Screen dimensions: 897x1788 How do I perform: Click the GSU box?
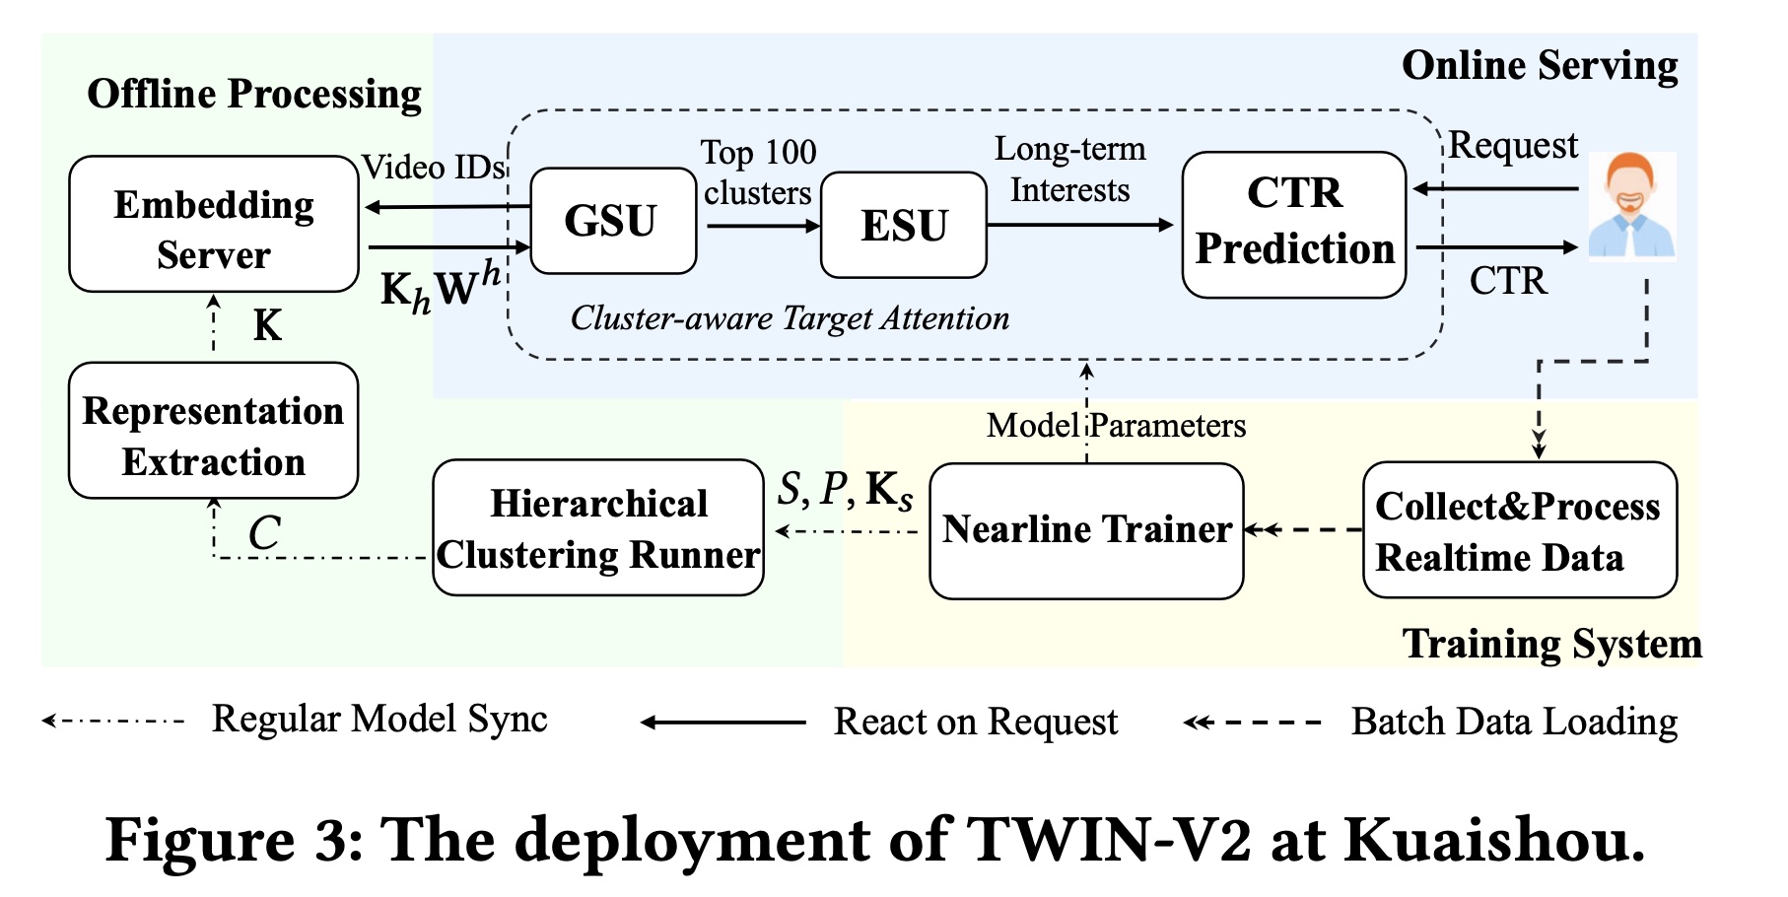613,221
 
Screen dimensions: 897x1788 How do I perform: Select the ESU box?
903,225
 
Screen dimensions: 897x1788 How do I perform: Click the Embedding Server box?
214,225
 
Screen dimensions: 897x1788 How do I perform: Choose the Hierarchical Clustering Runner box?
598,528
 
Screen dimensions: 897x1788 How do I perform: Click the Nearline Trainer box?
1086,530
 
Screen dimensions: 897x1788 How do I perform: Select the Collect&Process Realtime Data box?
1519,530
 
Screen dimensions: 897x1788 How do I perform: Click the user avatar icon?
1631,206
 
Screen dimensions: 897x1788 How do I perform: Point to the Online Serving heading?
1540,66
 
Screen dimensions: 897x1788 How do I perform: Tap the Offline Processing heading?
254,95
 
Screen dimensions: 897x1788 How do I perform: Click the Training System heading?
1551,644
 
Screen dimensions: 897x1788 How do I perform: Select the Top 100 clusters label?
758,172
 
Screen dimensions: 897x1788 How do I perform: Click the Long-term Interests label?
1069,169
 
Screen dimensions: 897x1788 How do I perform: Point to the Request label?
1513,146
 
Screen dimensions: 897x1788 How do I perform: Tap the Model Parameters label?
1116,426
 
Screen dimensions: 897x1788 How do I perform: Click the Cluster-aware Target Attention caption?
790,318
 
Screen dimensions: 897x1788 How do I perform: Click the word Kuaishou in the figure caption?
1494,841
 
